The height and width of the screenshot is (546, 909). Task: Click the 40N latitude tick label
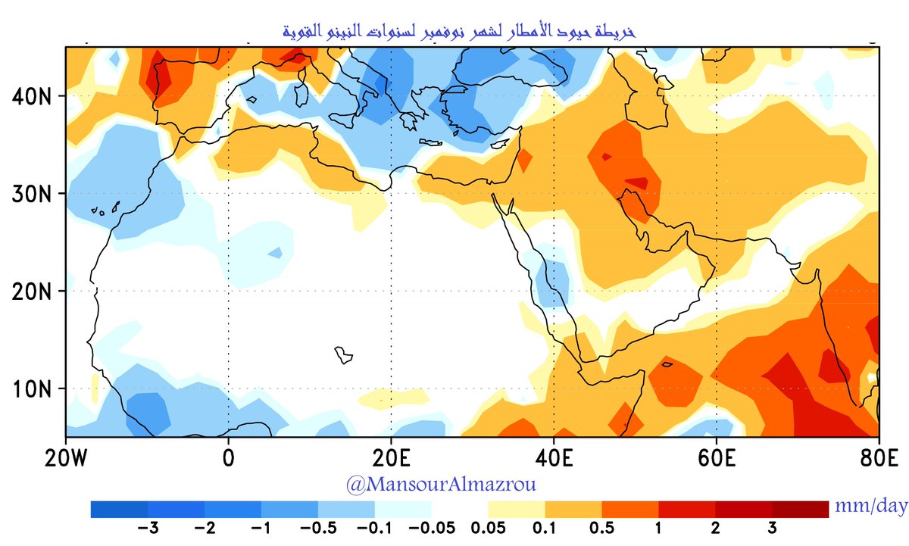[33, 96]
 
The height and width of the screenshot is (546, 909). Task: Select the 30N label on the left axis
[33, 193]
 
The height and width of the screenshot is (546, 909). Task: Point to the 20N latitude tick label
[33, 290]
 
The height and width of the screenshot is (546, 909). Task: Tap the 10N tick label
[33, 388]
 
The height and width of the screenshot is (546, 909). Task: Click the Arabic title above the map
[454, 32]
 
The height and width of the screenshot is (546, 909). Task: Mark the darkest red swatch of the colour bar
[800, 510]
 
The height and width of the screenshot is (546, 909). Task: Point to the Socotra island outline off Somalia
[667, 364]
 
